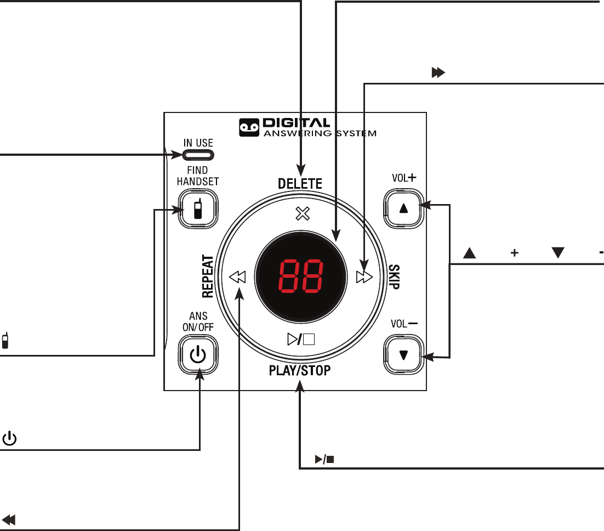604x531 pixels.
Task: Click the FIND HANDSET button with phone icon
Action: (x=198, y=209)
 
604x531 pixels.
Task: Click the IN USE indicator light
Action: (x=198, y=156)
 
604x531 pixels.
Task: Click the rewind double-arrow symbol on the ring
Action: (x=238, y=277)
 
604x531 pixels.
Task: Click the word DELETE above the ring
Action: (x=300, y=184)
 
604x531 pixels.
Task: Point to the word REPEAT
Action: (x=207, y=276)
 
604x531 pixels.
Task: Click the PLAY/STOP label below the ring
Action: (x=300, y=371)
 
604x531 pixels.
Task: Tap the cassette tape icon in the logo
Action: (x=249, y=128)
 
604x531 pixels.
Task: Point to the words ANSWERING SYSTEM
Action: (x=320, y=133)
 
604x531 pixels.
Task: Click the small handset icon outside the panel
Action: (x=5, y=341)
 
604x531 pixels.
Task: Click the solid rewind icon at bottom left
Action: (x=9, y=519)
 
